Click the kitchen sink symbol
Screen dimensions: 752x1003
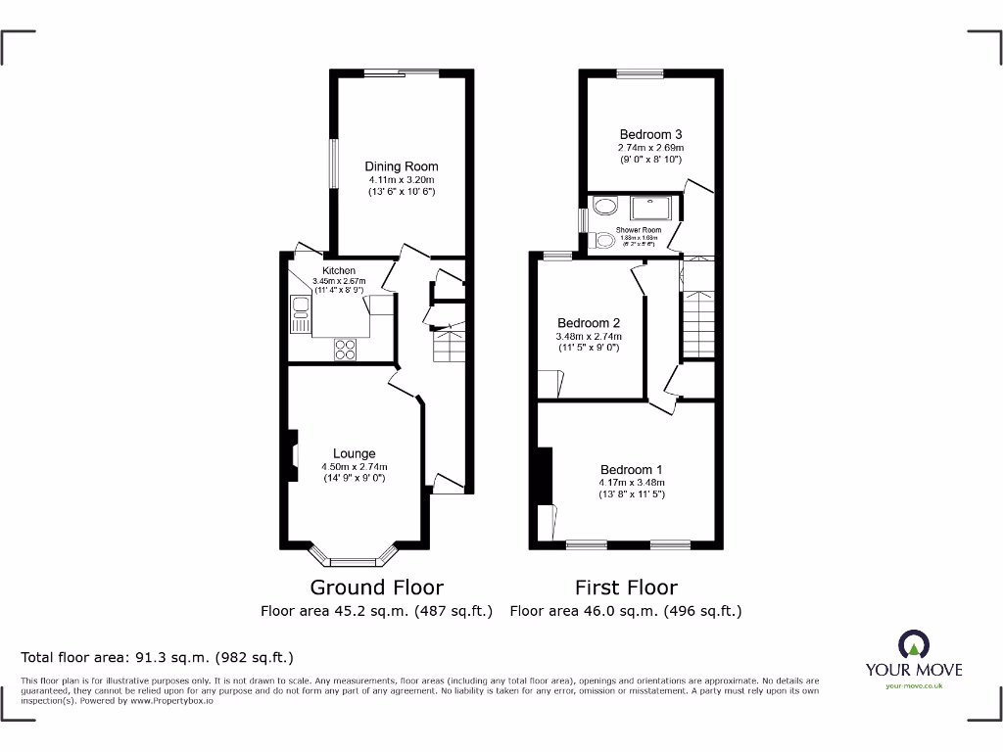[300, 314]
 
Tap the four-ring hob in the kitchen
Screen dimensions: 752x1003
[346, 350]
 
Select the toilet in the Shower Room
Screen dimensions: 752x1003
[604, 240]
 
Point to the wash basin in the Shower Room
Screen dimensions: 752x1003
[605, 207]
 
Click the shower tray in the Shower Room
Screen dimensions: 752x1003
[648, 208]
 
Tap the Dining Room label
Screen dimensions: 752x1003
[402, 166]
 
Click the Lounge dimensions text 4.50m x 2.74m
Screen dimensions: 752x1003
[354, 466]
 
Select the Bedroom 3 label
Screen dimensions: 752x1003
[650, 135]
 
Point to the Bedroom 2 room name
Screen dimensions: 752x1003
[589, 323]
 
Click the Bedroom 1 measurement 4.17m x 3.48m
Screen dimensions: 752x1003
[632, 482]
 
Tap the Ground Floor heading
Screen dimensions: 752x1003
[376, 587]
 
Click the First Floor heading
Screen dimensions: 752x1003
[625, 587]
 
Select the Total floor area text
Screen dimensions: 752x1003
[157, 657]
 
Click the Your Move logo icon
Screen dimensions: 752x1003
[913, 644]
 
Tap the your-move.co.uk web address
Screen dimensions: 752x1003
[913, 685]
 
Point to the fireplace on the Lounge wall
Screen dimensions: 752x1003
[292, 456]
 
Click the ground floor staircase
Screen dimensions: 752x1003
[449, 346]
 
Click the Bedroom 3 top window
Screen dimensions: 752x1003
[640, 73]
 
